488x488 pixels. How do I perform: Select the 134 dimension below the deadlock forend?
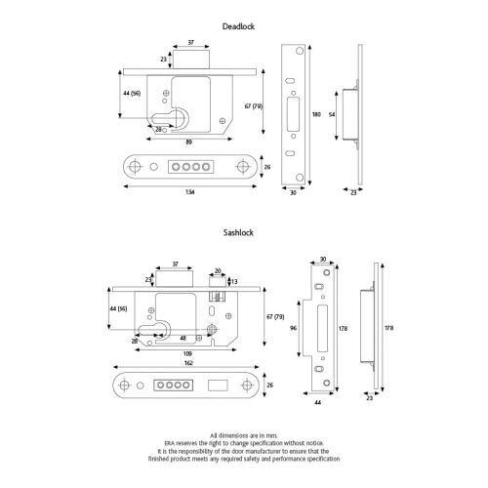189,192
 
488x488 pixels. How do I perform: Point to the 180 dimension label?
315,114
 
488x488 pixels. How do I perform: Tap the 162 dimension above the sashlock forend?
187,360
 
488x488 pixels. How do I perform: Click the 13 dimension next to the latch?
232,281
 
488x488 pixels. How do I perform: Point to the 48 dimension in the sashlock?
183,339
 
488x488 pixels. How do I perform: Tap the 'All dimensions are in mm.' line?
244,435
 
